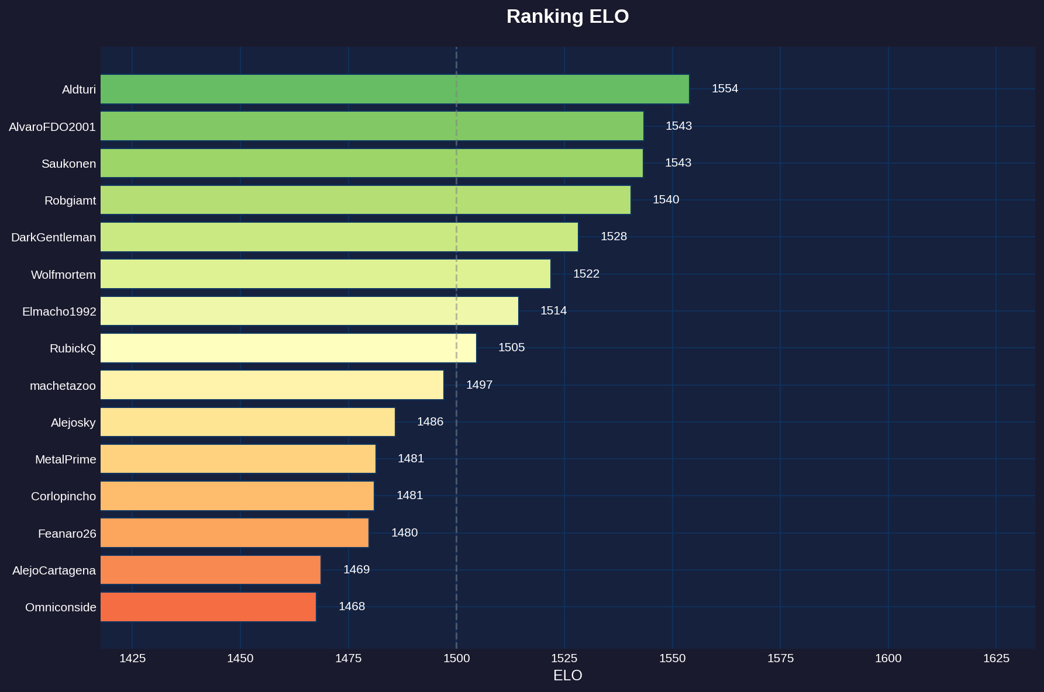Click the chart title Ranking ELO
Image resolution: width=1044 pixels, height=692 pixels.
(567, 16)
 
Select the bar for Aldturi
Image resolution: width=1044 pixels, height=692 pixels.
(394, 89)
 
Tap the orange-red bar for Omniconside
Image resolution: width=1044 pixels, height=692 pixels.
(208, 607)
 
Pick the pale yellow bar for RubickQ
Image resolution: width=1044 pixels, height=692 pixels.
(288, 348)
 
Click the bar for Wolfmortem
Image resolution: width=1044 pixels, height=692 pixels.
(325, 274)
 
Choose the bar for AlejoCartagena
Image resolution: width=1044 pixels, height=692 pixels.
(211, 570)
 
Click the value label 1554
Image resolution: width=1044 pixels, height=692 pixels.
(725, 89)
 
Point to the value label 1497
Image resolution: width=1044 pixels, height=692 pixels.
(479, 385)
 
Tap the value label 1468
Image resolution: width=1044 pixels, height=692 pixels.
(352, 606)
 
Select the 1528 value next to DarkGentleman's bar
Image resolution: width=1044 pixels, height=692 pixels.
(614, 237)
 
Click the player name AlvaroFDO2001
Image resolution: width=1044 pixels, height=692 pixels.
(52, 127)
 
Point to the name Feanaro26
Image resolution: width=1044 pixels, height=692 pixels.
(67, 534)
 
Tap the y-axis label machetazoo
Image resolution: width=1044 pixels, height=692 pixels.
(63, 386)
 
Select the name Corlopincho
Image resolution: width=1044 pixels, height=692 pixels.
(63, 497)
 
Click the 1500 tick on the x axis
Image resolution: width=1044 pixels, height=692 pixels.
(456, 658)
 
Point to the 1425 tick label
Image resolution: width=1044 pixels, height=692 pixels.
(132, 658)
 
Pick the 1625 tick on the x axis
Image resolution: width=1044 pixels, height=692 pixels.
(996, 658)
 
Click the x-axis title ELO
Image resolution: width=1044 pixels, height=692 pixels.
(567, 676)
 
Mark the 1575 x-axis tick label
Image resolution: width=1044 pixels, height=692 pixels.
(780, 658)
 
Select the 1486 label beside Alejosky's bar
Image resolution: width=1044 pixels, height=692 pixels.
(430, 422)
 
